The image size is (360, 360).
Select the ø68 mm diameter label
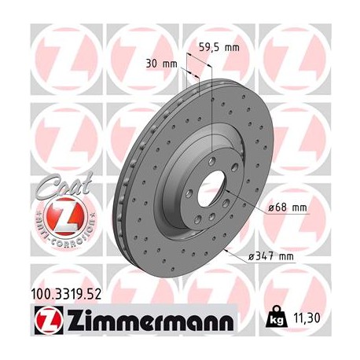point(286,208)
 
